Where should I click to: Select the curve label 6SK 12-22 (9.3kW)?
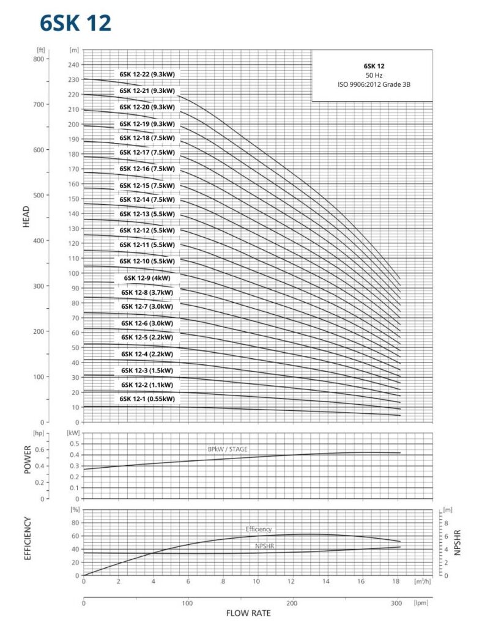pos(147,75)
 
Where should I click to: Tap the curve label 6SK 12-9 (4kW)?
pos(147,278)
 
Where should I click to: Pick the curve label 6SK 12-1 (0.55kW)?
pos(147,399)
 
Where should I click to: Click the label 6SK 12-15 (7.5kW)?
pos(147,186)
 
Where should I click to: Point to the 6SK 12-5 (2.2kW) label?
pos(147,337)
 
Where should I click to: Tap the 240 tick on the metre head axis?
pos(74,65)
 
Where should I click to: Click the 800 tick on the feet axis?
pos(39,59)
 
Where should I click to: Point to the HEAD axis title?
pos(26,216)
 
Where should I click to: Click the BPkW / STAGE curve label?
pos(228,449)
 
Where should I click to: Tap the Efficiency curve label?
pos(259,529)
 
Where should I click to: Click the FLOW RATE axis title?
pos(248,613)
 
